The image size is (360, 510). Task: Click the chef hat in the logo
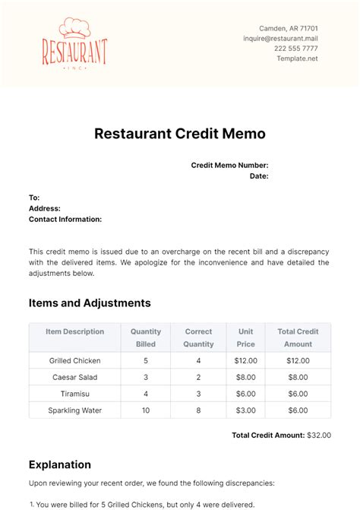point(74,27)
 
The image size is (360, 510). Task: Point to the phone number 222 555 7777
point(296,49)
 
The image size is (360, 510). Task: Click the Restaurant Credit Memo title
point(180,134)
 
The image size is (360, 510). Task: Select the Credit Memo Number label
point(229,165)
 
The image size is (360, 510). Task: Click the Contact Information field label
point(65,219)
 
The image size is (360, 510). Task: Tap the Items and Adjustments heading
point(90,303)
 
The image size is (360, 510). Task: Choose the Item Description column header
point(75,331)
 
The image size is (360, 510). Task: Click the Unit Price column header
point(246,337)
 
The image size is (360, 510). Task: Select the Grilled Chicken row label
point(75,360)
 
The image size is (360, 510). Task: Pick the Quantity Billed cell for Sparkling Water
point(146,410)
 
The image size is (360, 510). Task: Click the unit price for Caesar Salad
point(246,377)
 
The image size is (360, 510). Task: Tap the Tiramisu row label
point(75,394)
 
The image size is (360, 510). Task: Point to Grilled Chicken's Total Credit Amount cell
point(298,360)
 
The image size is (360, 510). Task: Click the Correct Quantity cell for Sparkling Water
point(197,410)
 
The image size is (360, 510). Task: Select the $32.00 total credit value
point(318,435)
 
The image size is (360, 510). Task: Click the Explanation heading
point(60,464)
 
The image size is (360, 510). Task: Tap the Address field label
point(45,208)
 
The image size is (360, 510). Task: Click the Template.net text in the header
point(297,59)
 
